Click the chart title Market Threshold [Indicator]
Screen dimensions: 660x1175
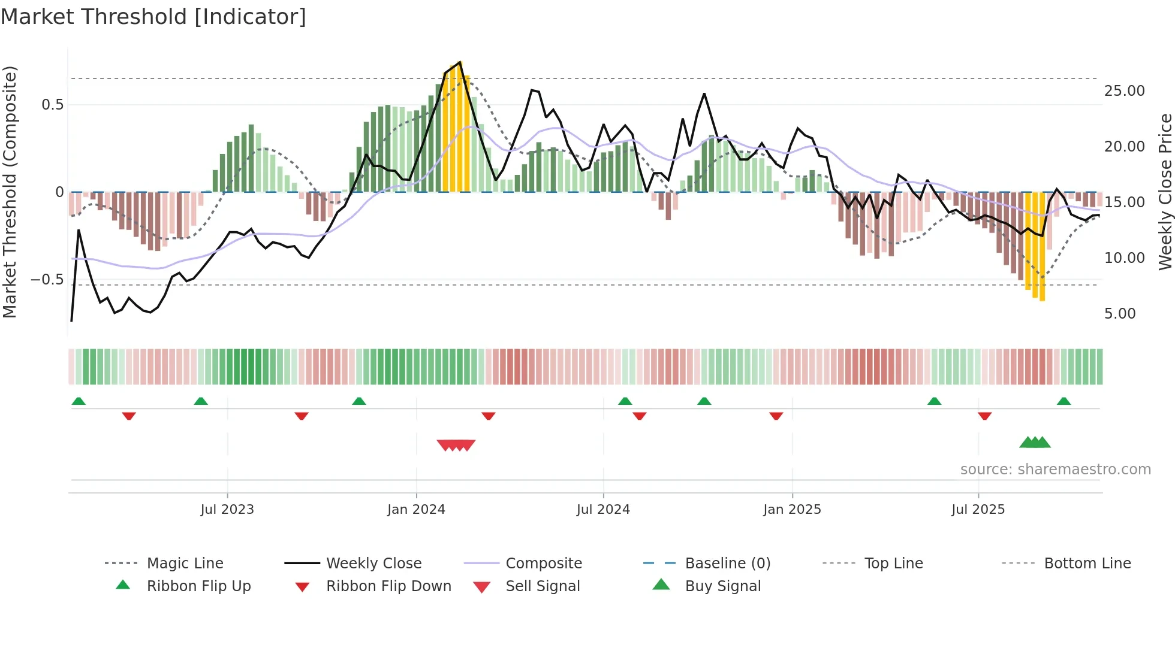(153, 17)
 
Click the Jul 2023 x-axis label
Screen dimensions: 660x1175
(227, 510)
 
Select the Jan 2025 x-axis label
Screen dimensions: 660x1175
(792, 510)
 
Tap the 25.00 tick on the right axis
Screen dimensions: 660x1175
(1124, 91)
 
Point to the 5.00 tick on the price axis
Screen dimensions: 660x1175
(1120, 314)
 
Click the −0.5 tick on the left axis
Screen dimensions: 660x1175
(47, 280)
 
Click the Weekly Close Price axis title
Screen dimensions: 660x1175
(1165, 192)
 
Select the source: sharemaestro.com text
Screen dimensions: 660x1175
(1055, 470)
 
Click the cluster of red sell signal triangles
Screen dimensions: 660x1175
(456, 445)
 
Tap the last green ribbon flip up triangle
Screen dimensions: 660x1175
(1063, 401)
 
